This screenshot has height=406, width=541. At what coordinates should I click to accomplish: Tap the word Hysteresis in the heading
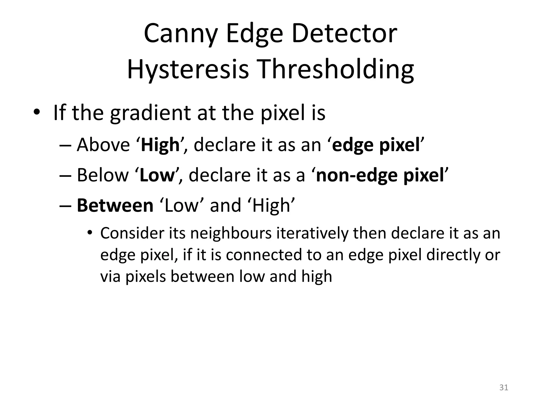coord(188,70)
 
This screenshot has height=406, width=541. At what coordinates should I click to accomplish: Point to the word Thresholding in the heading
coord(335,70)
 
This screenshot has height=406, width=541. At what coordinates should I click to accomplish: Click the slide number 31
coord(504,387)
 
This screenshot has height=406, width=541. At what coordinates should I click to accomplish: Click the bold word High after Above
coord(160,145)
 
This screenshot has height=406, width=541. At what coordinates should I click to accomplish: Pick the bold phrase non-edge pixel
coord(380,175)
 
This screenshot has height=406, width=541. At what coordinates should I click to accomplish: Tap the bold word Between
coord(115,206)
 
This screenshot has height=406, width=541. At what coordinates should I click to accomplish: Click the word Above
coord(103,145)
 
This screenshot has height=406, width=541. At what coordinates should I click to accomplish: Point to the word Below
coord(102,175)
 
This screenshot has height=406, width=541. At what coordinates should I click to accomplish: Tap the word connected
coord(263,255)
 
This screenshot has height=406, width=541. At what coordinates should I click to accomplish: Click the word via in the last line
coord(110,276)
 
